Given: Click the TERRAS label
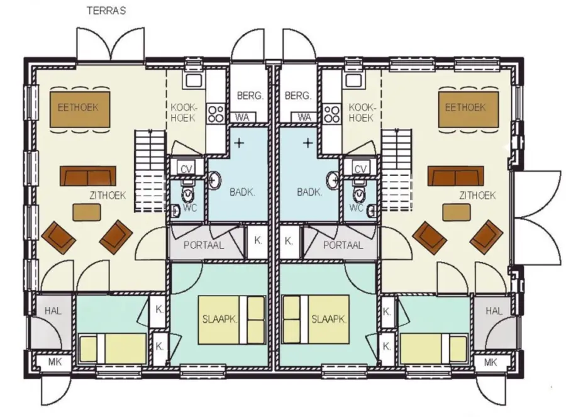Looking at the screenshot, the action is click(x=106, y=11).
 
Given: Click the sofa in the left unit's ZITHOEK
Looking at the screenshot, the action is click(x=88, y=176).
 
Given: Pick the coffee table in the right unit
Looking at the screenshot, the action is click(x=457, y=212).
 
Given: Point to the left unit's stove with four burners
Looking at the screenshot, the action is click(x=216, y=113).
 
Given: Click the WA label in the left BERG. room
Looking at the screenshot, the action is click(x=242, y=118).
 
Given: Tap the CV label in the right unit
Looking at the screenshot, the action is click(x=360, y=169).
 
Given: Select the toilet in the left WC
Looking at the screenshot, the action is click(x=187, y=194).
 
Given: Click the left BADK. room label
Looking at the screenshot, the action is click(x=242, y=192).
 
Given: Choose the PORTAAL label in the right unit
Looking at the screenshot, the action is click(x=343, y=245).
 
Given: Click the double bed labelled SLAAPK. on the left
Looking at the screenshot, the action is click(x=231, y=320).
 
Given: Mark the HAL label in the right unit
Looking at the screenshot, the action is click(x=494, y=311).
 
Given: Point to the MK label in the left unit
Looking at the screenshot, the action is click(x=55, y=362).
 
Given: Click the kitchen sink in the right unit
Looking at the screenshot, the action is click(x=354, y=80).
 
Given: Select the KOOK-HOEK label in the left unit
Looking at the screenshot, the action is click(x=184, y=113).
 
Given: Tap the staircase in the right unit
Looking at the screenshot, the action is click(x=397, y=170).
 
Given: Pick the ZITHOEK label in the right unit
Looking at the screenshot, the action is click(x=477, y=196).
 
